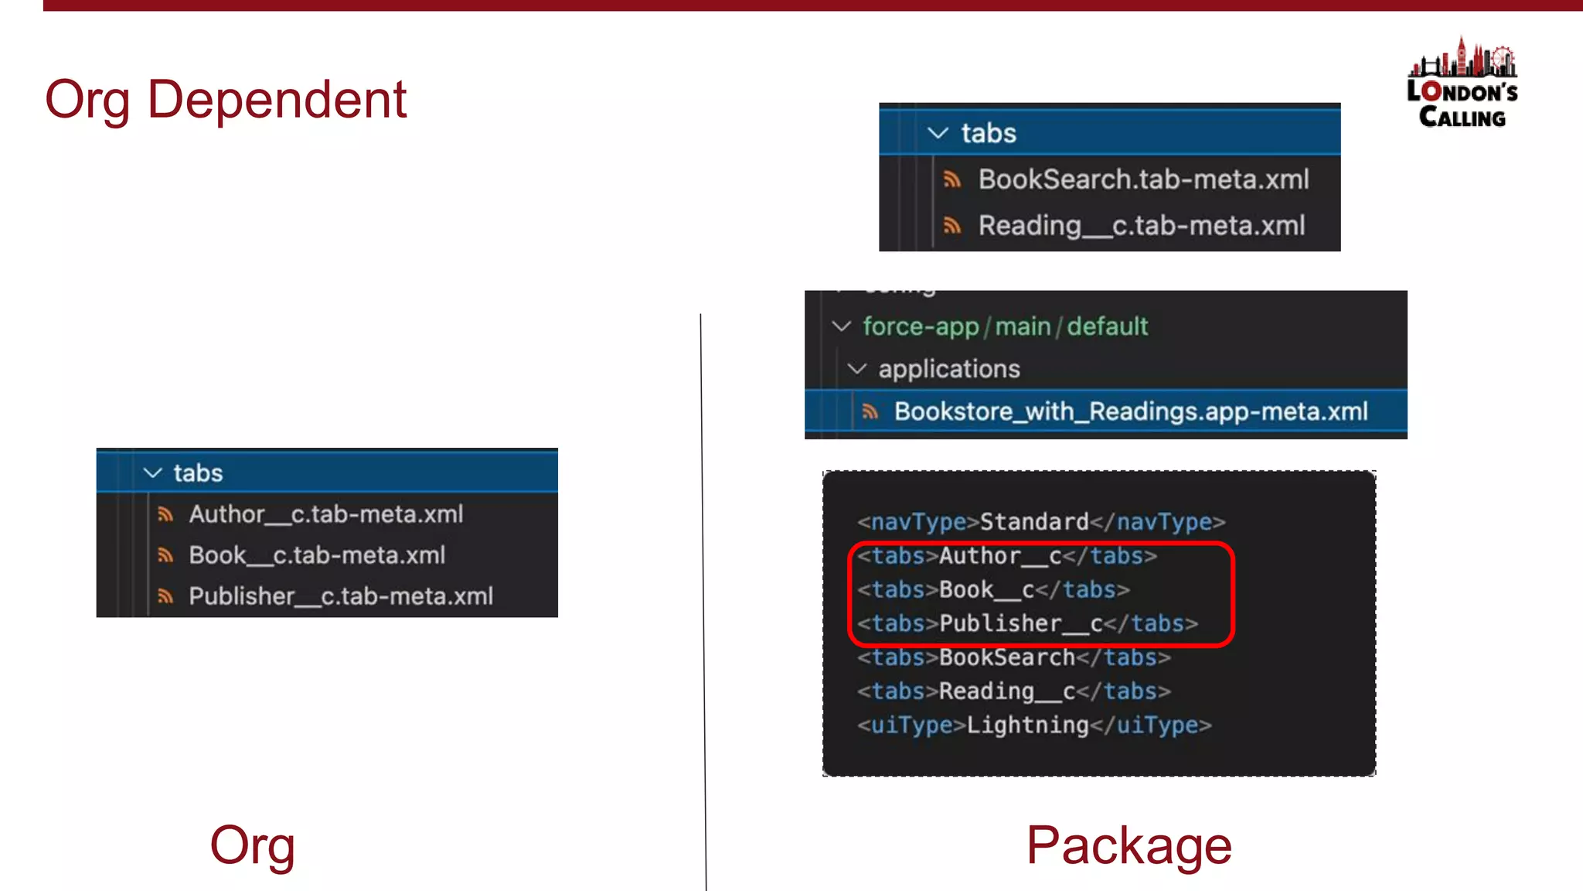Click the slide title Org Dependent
tap(225, 100)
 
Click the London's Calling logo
tap(1462, 84)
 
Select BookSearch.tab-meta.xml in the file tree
tap(1142, 179)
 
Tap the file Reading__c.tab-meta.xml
tap(1141, 226)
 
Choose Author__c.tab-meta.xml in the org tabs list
tap(325, 514)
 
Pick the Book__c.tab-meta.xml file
tap(317, 555)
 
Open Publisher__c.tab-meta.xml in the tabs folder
tap(340, 596)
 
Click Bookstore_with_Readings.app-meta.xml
tap(1130, 411)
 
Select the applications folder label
tap(948, 369)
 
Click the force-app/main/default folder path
tap(1005, 326)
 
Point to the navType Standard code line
tap(1040, 522)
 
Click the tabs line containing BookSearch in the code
tap(1013, 657)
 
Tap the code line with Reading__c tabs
tap(1013, 691)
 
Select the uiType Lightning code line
tap(1033, 725)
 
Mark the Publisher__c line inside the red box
tap(1026, 623)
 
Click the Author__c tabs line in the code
tap(1006, 556)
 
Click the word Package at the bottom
tap(1129, 845)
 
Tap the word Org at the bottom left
tap(252, 845)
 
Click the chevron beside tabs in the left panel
tap(153, 473)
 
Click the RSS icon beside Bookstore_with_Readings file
tap(870, 411)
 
